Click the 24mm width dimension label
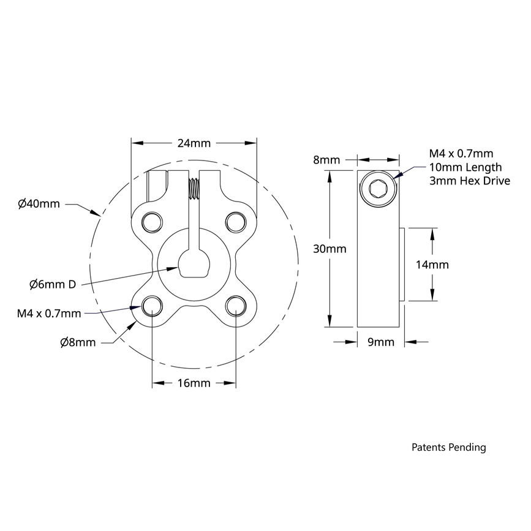pyautogui.click(x=194, y=143)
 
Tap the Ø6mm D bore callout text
pyautogui.click(x=53, y=284)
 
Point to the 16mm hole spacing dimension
pyautogui.click(x=194, y=383)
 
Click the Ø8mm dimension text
pyautogui.click(x=78, y=342)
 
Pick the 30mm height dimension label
pyautogui.click(x=330, y=249)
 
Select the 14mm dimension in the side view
pyautogui.click(x=432, y=265)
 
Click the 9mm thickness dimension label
pyautogui.click(x=380, y=342)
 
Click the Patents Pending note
pyautogui.click(x=448, y=447)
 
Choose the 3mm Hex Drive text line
pyautogui.click(x=469, y=181)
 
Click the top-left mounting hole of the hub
pyautogui.click(x=151, y=220)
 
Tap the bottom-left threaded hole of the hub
pyautogui.click(x=151, y=305)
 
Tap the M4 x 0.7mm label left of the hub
pyautogui.click(x=49, y=314)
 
